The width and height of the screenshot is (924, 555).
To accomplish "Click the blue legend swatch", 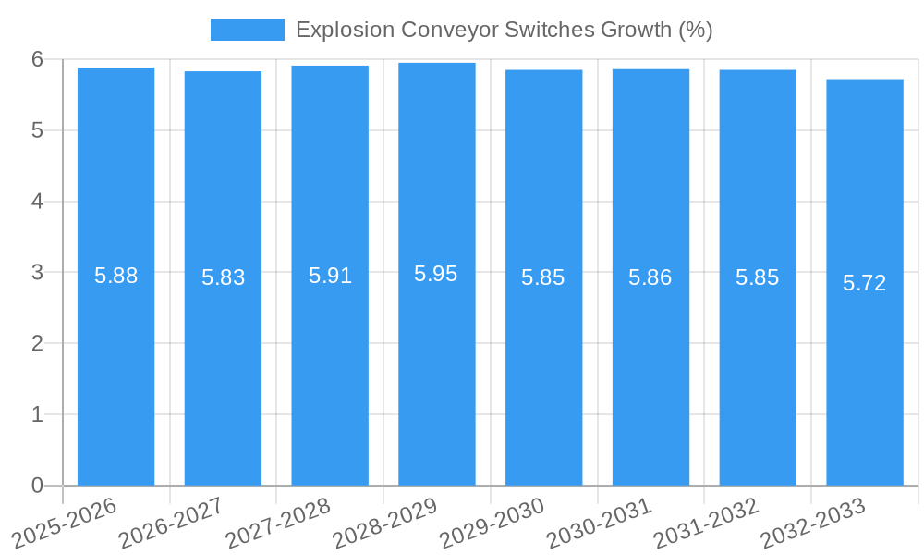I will pyautogui.click(x=247, y=30).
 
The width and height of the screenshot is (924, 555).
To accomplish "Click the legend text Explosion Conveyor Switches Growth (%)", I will pyautogui.click(x=504, y=30).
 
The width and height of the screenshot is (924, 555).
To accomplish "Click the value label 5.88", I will pyautogui.click(x=115, y=276).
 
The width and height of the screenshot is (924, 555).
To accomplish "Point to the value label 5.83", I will pyautogui.click(x=223, y=277).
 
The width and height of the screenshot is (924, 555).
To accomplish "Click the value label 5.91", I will pyautogui.click(x=330, y=276).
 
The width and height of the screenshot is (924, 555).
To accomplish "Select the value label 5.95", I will pyautogui.click(x=436, y=274).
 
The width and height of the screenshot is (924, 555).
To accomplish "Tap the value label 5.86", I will pyautogui.click(x=650, y=277).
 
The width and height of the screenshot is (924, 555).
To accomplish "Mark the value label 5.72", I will pyautogui.click(x=865, y=283).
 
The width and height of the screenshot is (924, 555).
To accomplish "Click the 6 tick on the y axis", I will pyautogui.click(x=37, y=59).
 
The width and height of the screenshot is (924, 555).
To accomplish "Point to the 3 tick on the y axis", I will pyautogui.click(x=37, y=273).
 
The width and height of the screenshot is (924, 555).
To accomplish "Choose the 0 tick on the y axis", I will pyautogui.click(x=37, y=486).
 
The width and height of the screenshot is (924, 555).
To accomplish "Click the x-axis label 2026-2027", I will pyautogui.click(x=172, y=524).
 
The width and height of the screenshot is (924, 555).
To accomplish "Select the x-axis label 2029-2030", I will pyautogui.click(x=492, y=524).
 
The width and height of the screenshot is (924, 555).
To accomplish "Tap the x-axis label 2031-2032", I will pyautogui.click(x=707, y=524).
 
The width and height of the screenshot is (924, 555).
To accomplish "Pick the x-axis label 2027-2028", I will pyautogui.click(x=279, y=524).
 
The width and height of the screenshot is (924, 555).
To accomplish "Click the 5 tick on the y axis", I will pyautogui.click(x=37, y=130).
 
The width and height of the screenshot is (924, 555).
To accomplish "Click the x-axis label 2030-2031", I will pyautogui.click(x=600, y=524).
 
